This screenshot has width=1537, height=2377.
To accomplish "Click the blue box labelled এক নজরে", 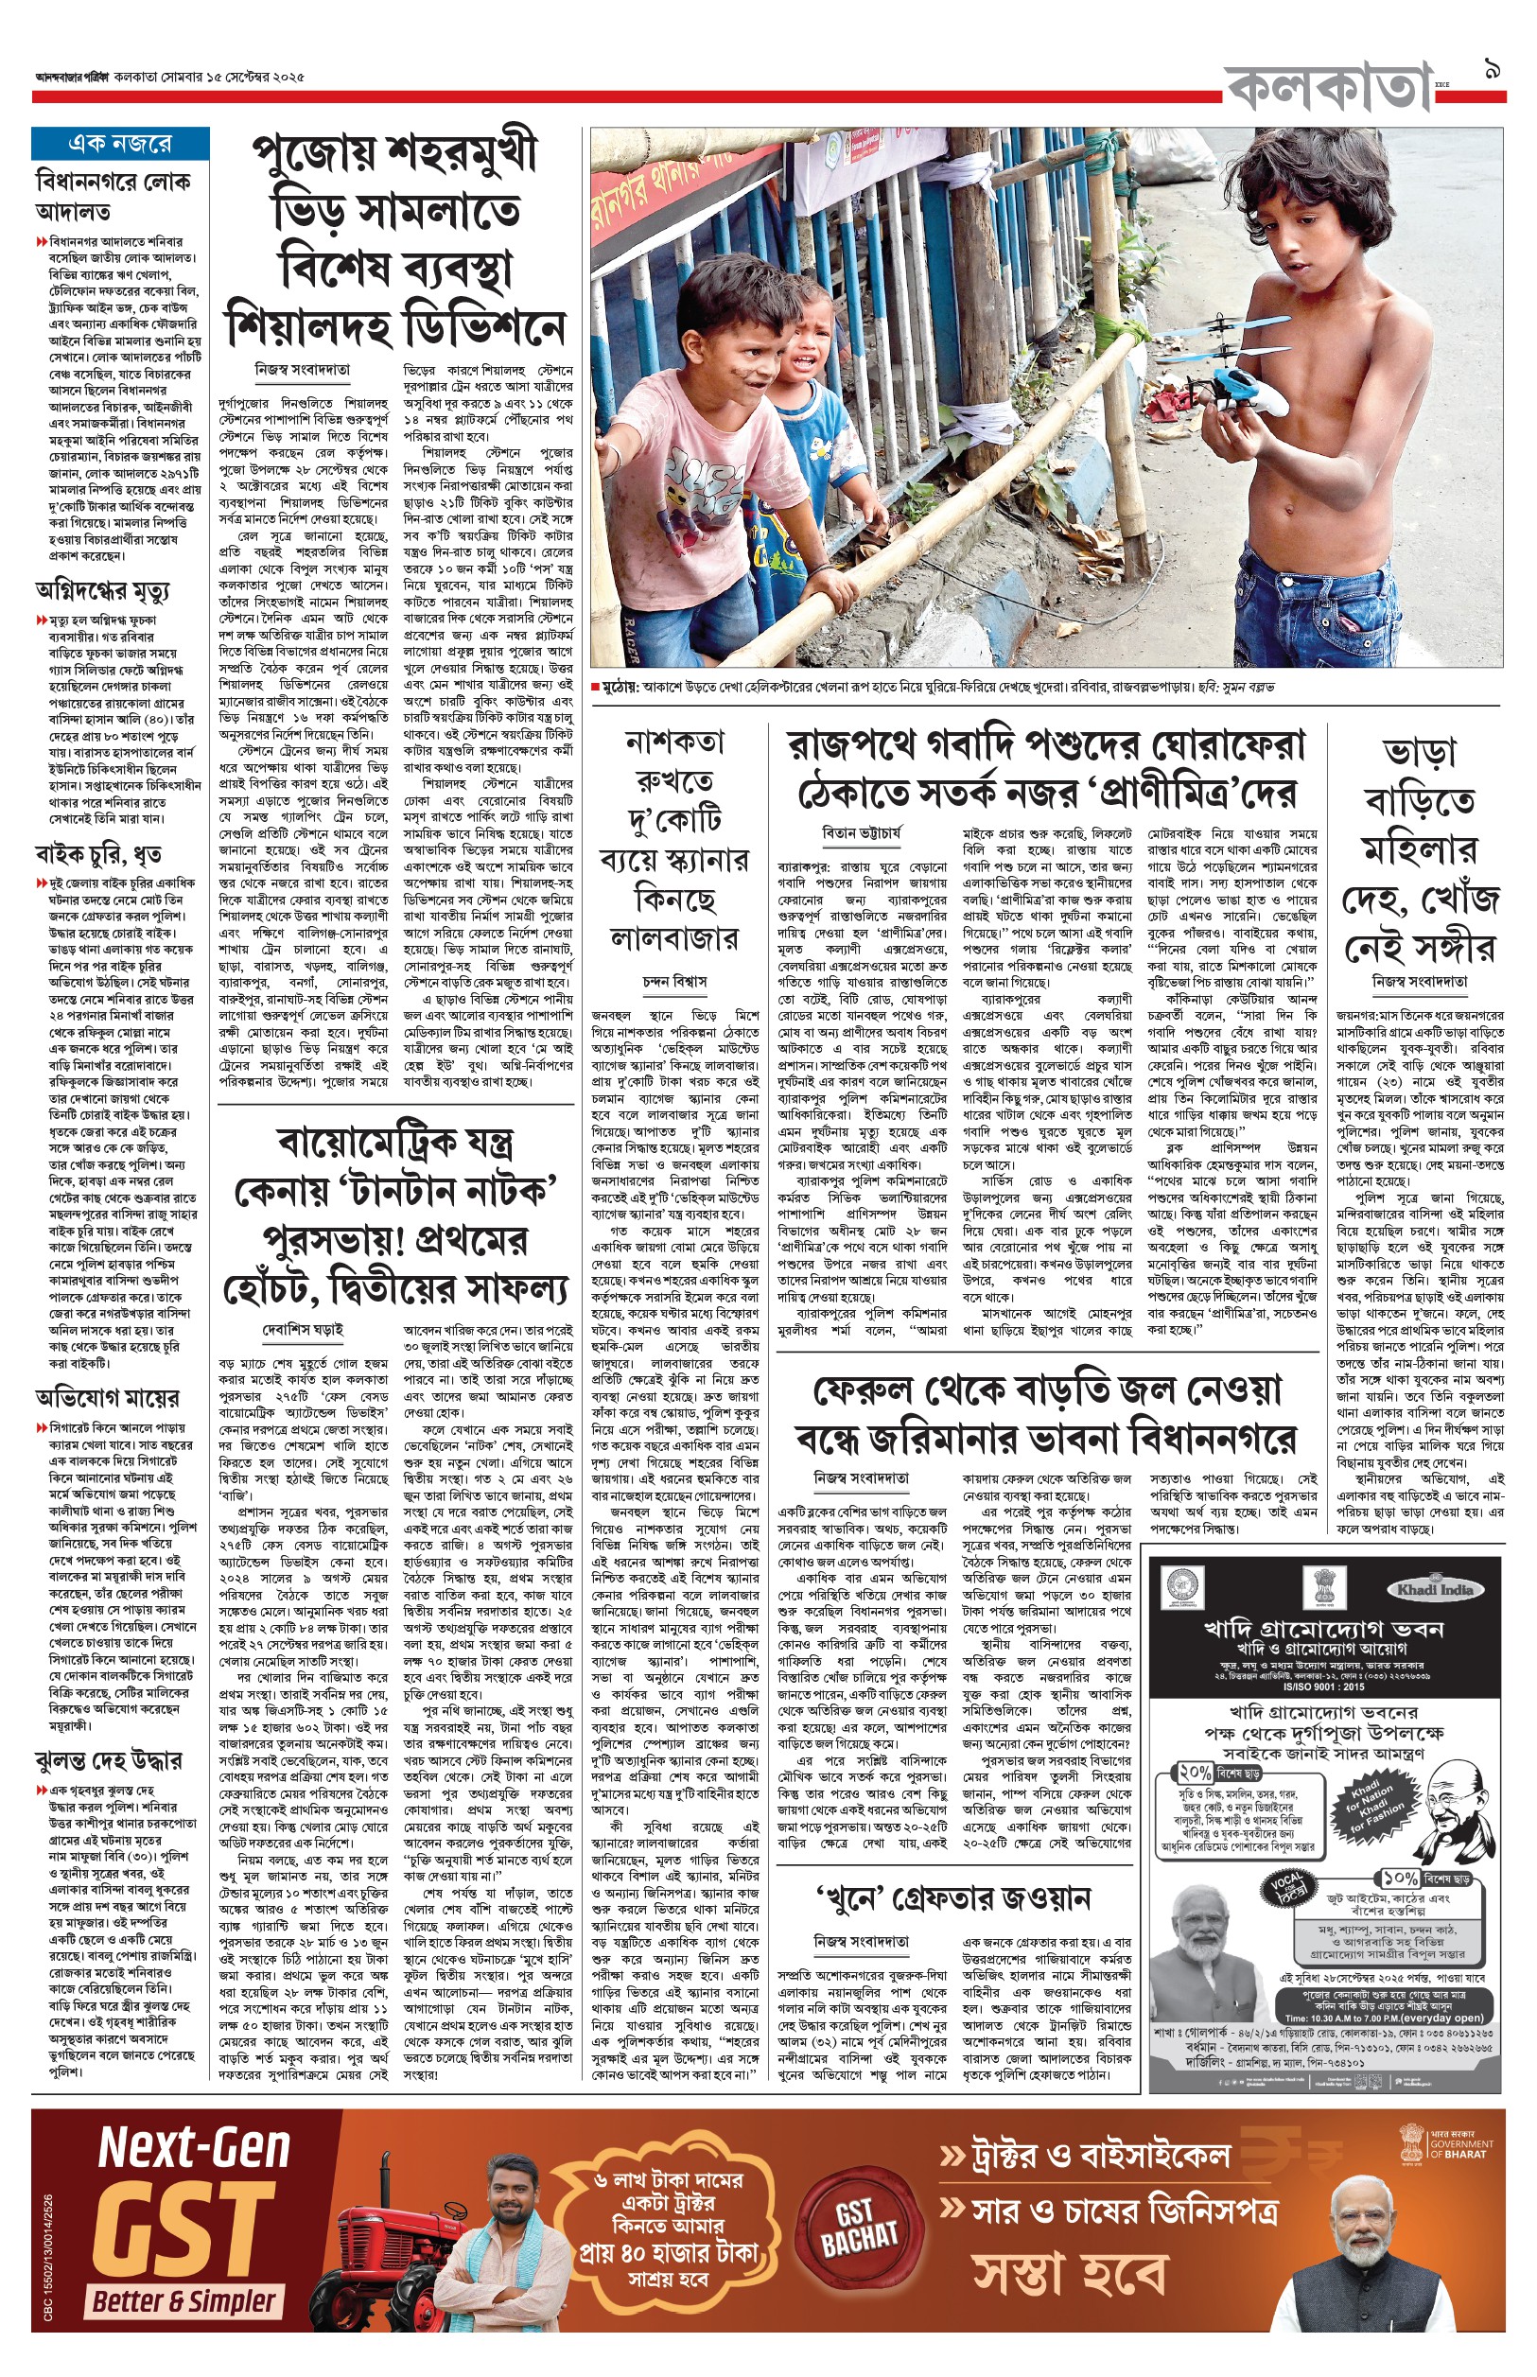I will (x=120, y=144).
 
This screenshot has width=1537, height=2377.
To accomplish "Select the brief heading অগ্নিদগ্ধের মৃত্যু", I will (x=102, y=592).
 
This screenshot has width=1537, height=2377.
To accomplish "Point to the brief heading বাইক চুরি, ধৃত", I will (x=97, y=854).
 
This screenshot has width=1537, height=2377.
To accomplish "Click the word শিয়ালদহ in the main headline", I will (x=311, y=326).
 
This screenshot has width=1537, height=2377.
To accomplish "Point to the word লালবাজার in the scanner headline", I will (x=673, y=938).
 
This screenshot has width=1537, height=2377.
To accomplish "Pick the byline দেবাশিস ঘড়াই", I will (x=303, y=1330).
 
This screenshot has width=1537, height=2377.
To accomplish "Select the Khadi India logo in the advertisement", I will (x=1435, y=1589).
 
